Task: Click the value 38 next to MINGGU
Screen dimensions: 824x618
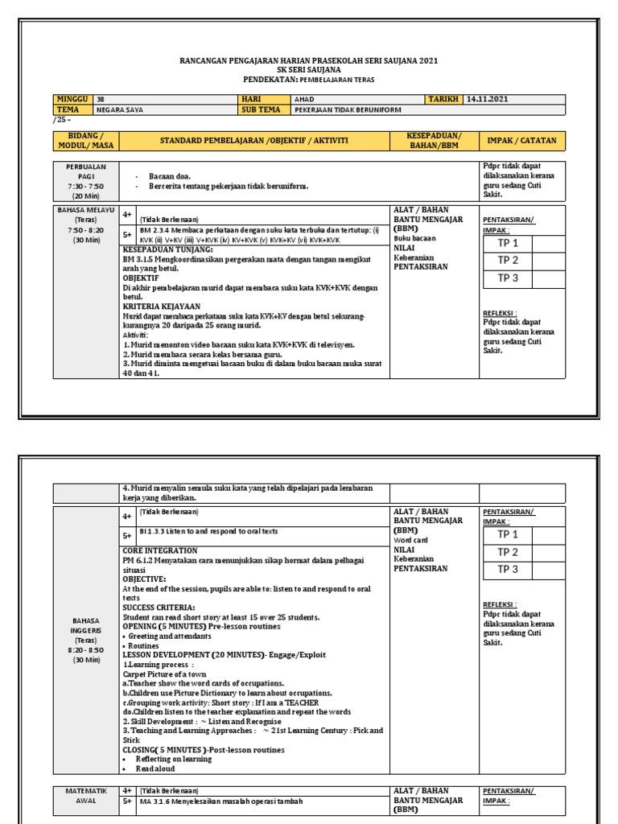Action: (101, 99)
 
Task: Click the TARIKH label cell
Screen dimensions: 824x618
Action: (444, 99)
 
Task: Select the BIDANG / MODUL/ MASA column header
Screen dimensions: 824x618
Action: (85, 141)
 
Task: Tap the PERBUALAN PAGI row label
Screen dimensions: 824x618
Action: (85, 180)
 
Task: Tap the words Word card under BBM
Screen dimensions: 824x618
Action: (411, 540)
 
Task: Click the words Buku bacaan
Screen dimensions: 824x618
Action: (414, 238)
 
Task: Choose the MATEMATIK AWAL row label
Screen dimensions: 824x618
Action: (85, 795)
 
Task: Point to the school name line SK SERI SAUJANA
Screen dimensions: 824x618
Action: (308, 70)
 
